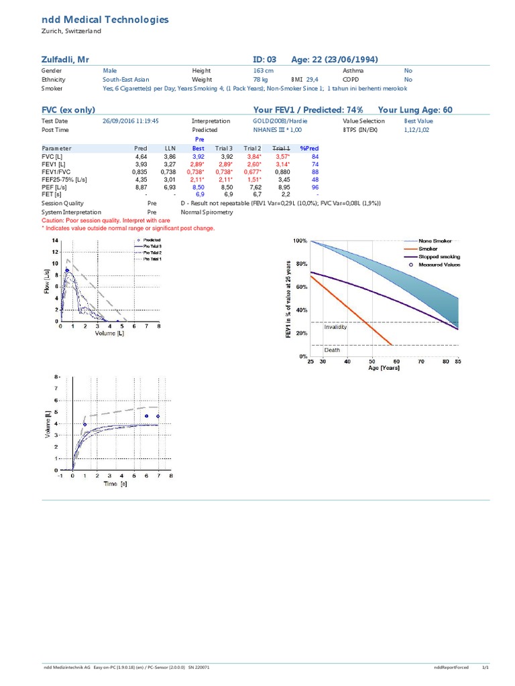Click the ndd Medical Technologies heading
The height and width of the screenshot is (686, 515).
[x=105, y=20]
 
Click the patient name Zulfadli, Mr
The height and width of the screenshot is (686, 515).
[x=66, y=60]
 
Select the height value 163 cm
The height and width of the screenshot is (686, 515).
[x=263, y=70]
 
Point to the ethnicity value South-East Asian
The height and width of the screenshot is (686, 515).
[x=125, y=79]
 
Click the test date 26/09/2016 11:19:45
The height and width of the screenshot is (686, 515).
[x=131, y=121]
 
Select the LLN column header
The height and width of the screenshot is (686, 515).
[x=170, y=147]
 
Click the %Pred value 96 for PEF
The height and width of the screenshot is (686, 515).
[x=314, y=188]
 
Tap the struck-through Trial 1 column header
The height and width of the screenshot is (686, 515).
[x=281, y=147]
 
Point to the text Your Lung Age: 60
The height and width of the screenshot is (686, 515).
[x=415, y=110]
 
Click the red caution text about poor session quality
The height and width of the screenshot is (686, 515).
[x=106, y=220]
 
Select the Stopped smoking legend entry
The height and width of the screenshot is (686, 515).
[x=439, y=257]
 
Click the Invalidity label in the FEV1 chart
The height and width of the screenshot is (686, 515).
[x=335, y=327]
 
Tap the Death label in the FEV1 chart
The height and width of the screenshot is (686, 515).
[x=332, y=350]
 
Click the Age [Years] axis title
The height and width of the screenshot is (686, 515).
[x=385, y=368]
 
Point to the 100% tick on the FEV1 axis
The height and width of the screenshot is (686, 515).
[x=299, y=241]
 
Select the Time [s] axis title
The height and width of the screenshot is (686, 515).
[x=115, y=483]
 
